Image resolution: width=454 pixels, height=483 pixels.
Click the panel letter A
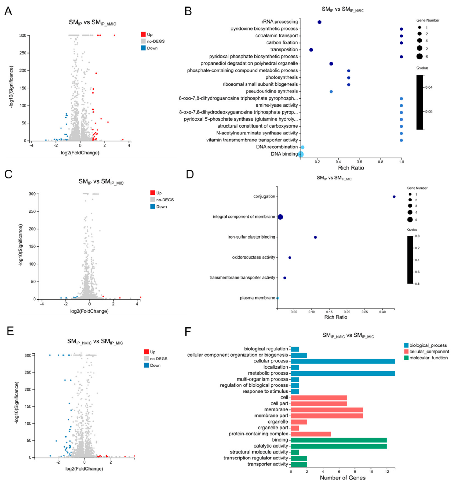8,11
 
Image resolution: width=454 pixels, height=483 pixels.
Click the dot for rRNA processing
319,22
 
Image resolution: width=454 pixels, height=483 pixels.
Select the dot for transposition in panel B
311,50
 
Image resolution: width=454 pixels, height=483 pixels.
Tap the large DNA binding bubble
301,154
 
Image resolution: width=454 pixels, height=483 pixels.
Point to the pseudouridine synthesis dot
331,91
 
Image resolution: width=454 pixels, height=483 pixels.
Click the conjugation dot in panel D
394,197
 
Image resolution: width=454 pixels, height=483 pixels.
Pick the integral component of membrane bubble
280,217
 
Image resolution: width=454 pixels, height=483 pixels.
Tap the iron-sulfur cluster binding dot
315,237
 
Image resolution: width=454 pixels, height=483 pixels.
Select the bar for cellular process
343,361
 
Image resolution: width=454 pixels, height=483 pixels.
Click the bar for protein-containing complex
311,434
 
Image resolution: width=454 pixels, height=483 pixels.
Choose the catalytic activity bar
339,446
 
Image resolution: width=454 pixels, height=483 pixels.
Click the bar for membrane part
327,416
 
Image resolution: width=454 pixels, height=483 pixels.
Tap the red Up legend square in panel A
143,34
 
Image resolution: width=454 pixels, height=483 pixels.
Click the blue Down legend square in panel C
153,206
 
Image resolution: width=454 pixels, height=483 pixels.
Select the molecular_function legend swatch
406,358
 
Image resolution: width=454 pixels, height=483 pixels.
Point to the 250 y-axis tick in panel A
23,53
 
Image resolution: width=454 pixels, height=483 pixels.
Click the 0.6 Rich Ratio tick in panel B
359,162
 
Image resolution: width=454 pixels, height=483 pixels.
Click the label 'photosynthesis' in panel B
281,77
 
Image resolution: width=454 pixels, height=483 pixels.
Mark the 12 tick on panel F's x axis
387,472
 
